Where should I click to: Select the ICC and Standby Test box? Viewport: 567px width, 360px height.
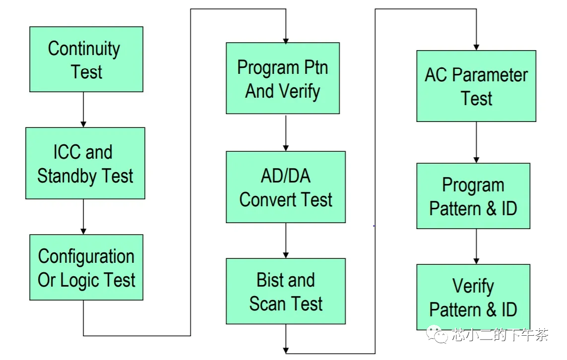click(x=85, y=163)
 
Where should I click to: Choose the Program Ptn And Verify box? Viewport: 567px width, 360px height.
click(x=283, y=78)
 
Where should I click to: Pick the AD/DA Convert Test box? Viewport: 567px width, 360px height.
click(x=286, y=187)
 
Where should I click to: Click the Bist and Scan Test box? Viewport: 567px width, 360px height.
click(x=286, y=291)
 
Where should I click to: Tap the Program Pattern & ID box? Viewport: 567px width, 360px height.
click(x=473, y=196)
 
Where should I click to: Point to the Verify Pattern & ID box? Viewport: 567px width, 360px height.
click(x=473, y=298)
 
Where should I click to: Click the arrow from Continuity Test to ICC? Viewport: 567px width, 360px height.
click(x=83, y=110)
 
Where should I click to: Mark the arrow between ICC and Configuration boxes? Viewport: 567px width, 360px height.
click(x=83, y=217)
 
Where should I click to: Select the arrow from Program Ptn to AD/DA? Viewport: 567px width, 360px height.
click(x=286, y=132)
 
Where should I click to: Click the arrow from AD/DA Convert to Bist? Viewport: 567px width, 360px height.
click(x=286, y=240)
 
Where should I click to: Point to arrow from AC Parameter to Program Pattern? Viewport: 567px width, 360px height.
click(x=476, y=142)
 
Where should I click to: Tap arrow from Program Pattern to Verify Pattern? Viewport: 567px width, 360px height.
click(x=476, y=246)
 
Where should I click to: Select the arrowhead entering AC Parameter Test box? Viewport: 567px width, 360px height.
click(x=476, y=47)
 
